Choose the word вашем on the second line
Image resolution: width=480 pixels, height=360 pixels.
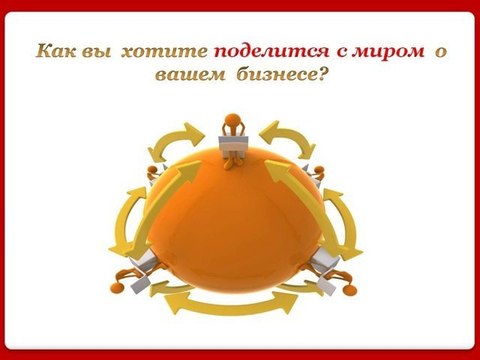(x=181, y=74)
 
